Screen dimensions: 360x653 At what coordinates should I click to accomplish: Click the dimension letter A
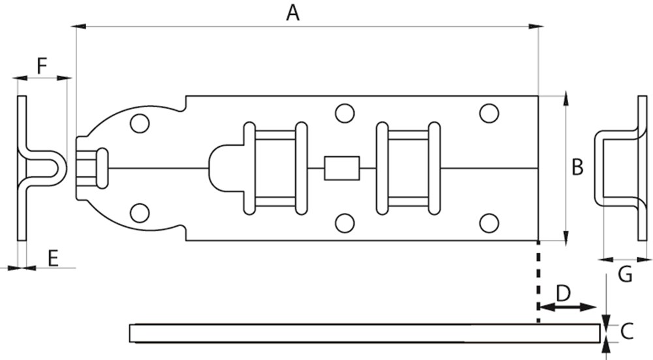coord(293,12)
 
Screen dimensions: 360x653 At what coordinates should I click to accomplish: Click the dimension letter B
coord(577,167)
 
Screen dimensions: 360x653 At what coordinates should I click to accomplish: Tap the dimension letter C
coord(627,332)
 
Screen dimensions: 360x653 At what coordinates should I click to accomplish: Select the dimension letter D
coord(563,293)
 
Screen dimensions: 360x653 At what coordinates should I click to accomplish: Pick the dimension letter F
coord(42,65)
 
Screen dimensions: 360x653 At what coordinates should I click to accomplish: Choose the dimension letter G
coord(625,274)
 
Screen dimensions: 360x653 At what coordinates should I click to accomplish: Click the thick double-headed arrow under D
coord(567,307)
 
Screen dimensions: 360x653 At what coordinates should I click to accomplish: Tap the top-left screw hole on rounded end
coord(139,123)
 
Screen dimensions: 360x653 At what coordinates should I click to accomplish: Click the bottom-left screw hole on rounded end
coord(139,212)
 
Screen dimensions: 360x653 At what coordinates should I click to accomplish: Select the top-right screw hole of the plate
coord(489,113)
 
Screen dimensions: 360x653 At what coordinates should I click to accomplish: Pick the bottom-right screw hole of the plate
coord(489,223)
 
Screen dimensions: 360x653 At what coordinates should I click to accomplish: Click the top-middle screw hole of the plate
coord(345,113)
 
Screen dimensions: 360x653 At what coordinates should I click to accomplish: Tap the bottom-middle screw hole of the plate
coord(345,223)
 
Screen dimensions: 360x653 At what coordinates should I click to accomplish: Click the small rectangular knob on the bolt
coord(342,168)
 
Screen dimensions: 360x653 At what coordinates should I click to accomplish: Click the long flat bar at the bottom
coord(366,333)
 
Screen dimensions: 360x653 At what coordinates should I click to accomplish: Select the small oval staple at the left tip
coord(102,168)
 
